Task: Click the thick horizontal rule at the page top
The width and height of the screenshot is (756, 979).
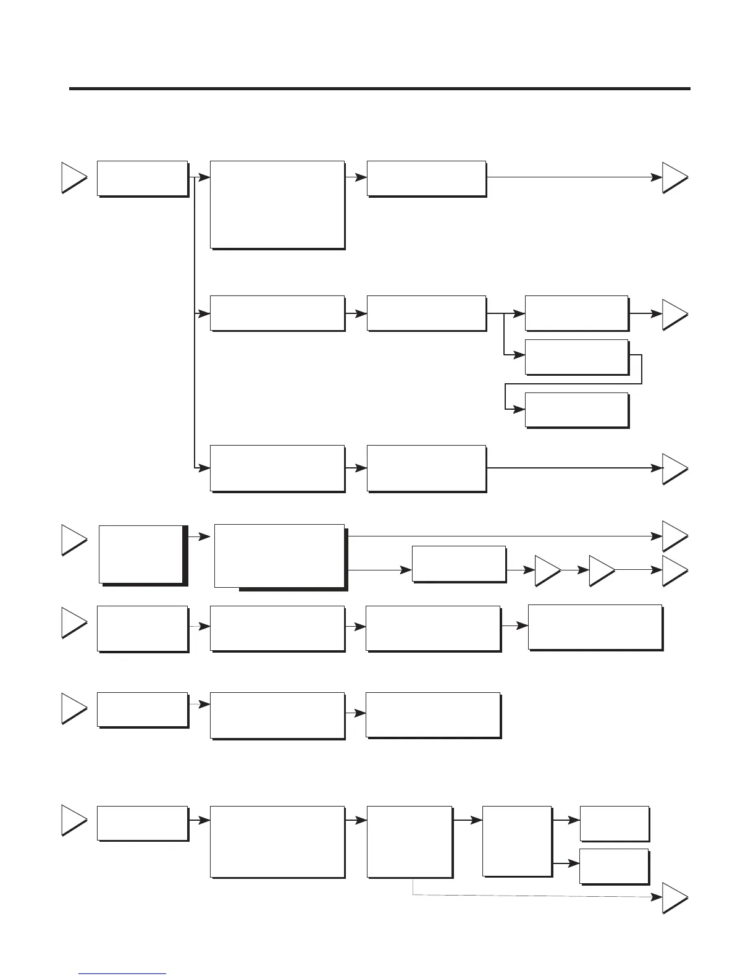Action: pos(379,89)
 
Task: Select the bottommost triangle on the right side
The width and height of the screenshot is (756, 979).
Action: pos(674,899)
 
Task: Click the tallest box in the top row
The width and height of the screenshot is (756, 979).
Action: pos(277,205)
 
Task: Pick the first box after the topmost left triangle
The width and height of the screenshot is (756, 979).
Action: pos(142,179)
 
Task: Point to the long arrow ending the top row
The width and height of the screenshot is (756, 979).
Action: pos(571,177)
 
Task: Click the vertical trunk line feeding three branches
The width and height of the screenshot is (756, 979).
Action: pos(195,321)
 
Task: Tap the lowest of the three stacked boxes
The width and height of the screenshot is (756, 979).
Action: pos(576,409)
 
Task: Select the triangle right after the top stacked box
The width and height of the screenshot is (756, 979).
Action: pos(674,314)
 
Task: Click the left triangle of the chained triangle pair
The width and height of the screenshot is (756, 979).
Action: pos(547,571)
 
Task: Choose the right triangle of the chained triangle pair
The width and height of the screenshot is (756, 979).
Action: pos(601,571)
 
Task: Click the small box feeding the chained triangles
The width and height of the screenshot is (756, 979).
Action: pos(458,563)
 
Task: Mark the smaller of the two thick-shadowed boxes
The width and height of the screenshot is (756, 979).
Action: pos(141,554)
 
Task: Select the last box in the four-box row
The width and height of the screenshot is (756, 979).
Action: pos(595,627)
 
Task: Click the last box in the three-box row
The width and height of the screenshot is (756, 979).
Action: pos(432,714)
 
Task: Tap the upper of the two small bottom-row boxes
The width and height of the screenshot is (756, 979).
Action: pos(614,823)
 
